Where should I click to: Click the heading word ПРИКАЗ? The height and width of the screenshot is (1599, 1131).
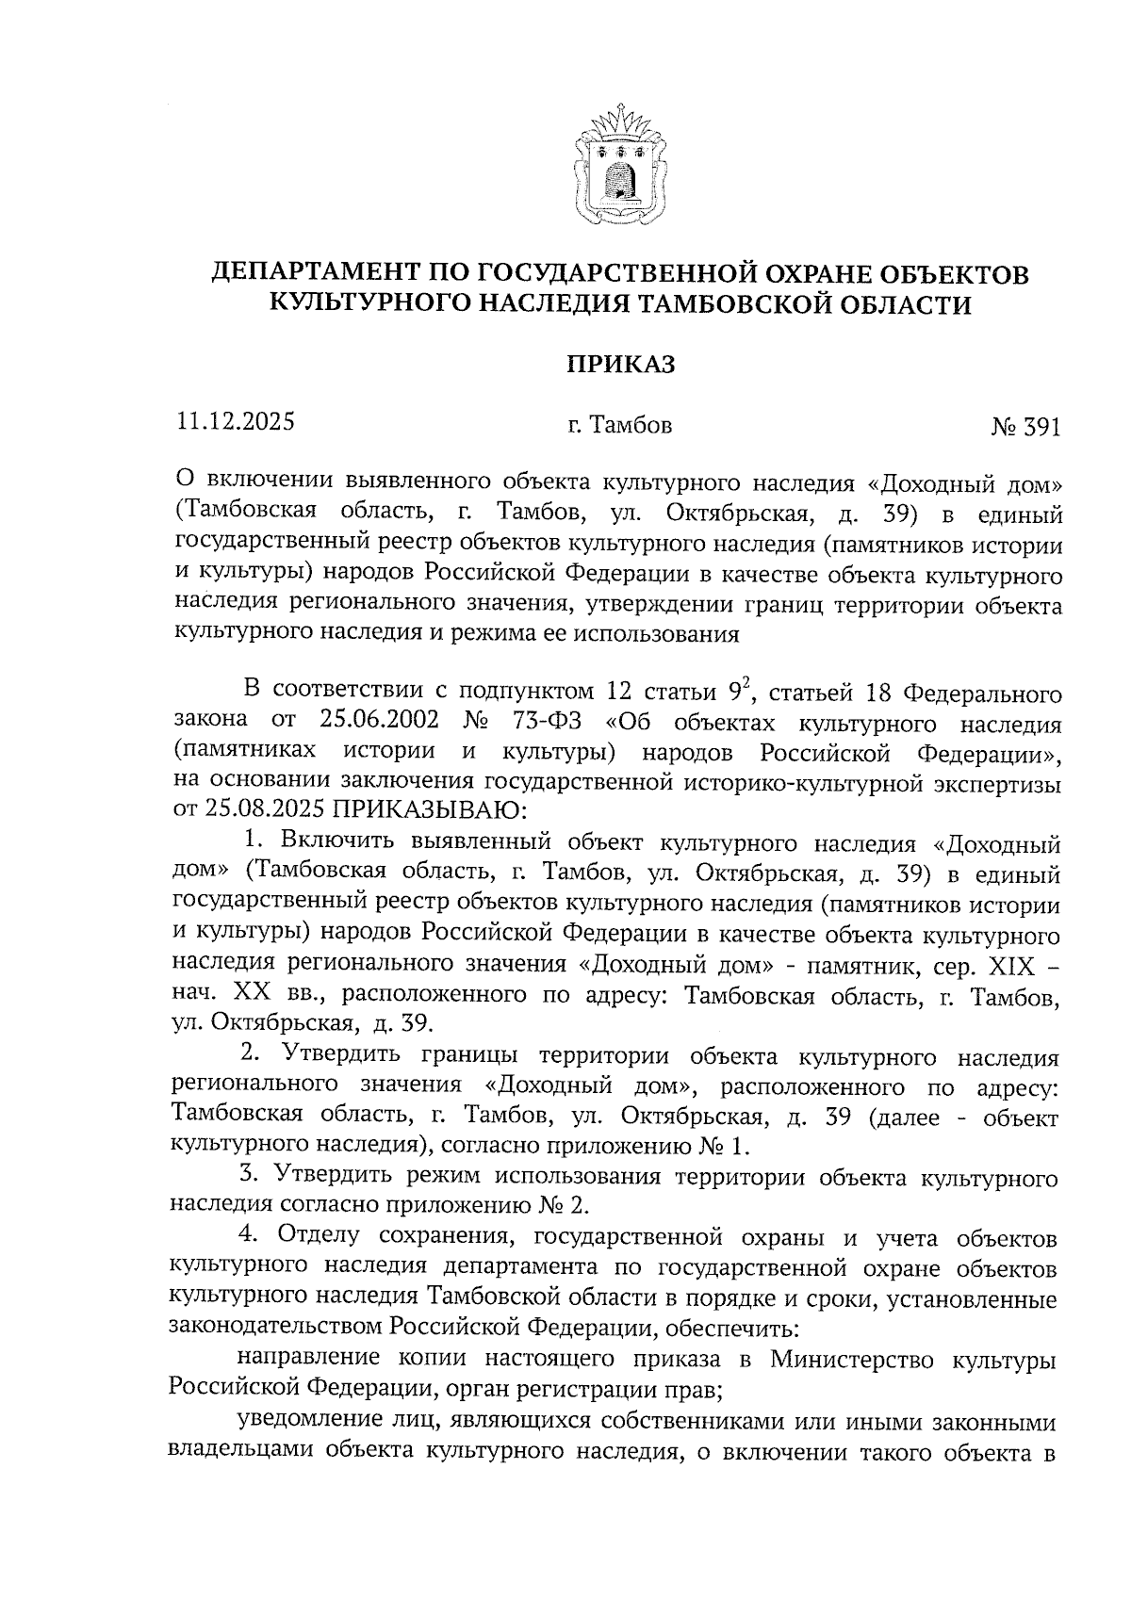coord(620,365)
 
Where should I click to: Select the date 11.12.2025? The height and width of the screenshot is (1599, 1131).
coord(235,421)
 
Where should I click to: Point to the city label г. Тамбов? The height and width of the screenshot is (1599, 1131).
coord(619,426)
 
